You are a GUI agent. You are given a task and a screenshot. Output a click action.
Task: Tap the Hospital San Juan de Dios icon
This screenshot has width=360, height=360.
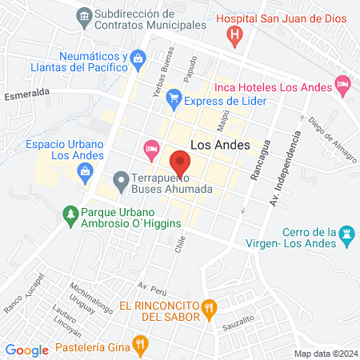[234, 34]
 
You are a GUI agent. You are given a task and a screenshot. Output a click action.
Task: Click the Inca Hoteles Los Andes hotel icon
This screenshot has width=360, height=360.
[342, 84]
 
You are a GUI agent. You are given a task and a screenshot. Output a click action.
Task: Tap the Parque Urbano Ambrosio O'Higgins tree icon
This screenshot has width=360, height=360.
[70, 214]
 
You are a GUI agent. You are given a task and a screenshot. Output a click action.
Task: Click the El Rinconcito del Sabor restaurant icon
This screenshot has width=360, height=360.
[209, 306]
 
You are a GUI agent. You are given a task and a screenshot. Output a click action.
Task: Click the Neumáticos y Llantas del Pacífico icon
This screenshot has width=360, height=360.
[138, 58]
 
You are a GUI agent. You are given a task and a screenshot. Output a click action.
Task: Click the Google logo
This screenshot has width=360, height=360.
[27, 350]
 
